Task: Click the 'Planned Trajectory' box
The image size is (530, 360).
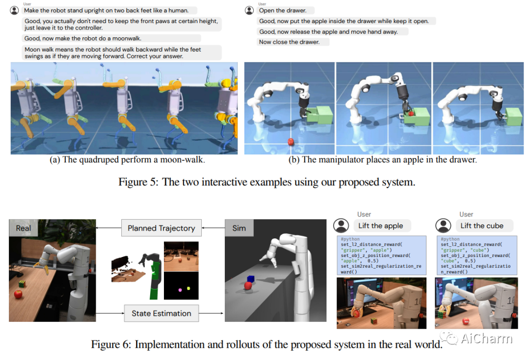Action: click(161, 228)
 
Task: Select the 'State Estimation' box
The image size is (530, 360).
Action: click(161, 313)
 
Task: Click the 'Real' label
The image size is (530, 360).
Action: click(23, 228)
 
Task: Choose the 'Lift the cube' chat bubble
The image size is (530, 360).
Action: click(481, 226)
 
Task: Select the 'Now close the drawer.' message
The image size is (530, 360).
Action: click(289, 42)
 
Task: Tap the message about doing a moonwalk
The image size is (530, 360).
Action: click(112, 38)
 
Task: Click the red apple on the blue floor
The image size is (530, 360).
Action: click(291, 142)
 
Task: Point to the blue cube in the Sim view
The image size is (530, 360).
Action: click(251, 280)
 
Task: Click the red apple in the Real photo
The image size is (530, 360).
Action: click(18, 294)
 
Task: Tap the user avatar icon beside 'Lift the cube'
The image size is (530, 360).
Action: click(444, 226)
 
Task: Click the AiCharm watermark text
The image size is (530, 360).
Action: click(486, 338)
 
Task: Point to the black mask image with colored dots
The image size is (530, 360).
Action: click(181, 286)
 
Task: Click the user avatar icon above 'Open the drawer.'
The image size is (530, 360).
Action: click(249, 10)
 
